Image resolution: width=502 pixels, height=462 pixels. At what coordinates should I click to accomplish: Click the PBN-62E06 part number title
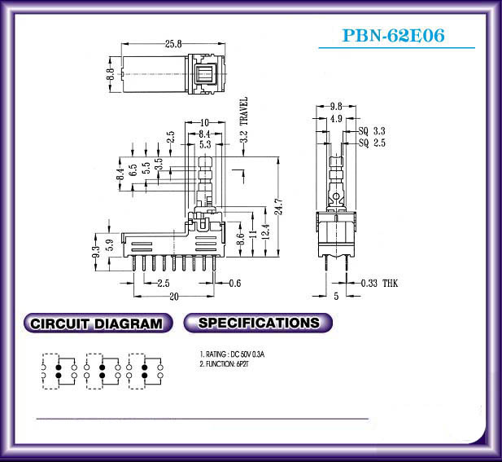394,35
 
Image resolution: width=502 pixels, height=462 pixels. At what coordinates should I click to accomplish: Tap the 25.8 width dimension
173,44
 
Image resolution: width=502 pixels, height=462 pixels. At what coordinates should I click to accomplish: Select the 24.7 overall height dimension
279,206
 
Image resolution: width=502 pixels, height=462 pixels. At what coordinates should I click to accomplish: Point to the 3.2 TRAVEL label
244,120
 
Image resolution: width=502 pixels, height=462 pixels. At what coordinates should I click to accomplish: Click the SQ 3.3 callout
372,131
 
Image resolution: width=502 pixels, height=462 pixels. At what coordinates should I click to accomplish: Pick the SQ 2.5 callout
372,143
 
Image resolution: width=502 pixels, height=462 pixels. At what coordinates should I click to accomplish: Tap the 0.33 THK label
379,283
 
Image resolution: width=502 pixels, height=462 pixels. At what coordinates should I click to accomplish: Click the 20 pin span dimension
174,297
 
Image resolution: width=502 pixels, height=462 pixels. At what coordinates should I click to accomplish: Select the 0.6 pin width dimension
234,283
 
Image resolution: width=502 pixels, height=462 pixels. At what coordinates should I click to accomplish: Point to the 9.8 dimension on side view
336,106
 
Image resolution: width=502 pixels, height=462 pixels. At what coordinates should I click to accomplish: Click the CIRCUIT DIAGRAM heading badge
98,323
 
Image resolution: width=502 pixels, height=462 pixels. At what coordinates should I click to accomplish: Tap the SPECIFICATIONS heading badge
258,323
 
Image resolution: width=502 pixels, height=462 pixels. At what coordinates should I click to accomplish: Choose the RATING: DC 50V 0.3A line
232,354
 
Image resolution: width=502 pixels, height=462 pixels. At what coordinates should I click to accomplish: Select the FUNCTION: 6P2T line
224,364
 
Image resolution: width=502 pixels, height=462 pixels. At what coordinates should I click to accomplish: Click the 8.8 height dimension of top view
111,74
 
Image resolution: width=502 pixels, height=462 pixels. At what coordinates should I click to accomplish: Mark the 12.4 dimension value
266,231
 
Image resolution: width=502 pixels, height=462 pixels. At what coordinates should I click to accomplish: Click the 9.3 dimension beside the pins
96,251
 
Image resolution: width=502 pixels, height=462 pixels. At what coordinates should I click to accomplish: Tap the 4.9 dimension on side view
336,119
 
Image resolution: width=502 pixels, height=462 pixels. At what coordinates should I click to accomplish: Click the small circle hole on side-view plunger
336,196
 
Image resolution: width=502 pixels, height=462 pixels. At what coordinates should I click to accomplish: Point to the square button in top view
206,75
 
